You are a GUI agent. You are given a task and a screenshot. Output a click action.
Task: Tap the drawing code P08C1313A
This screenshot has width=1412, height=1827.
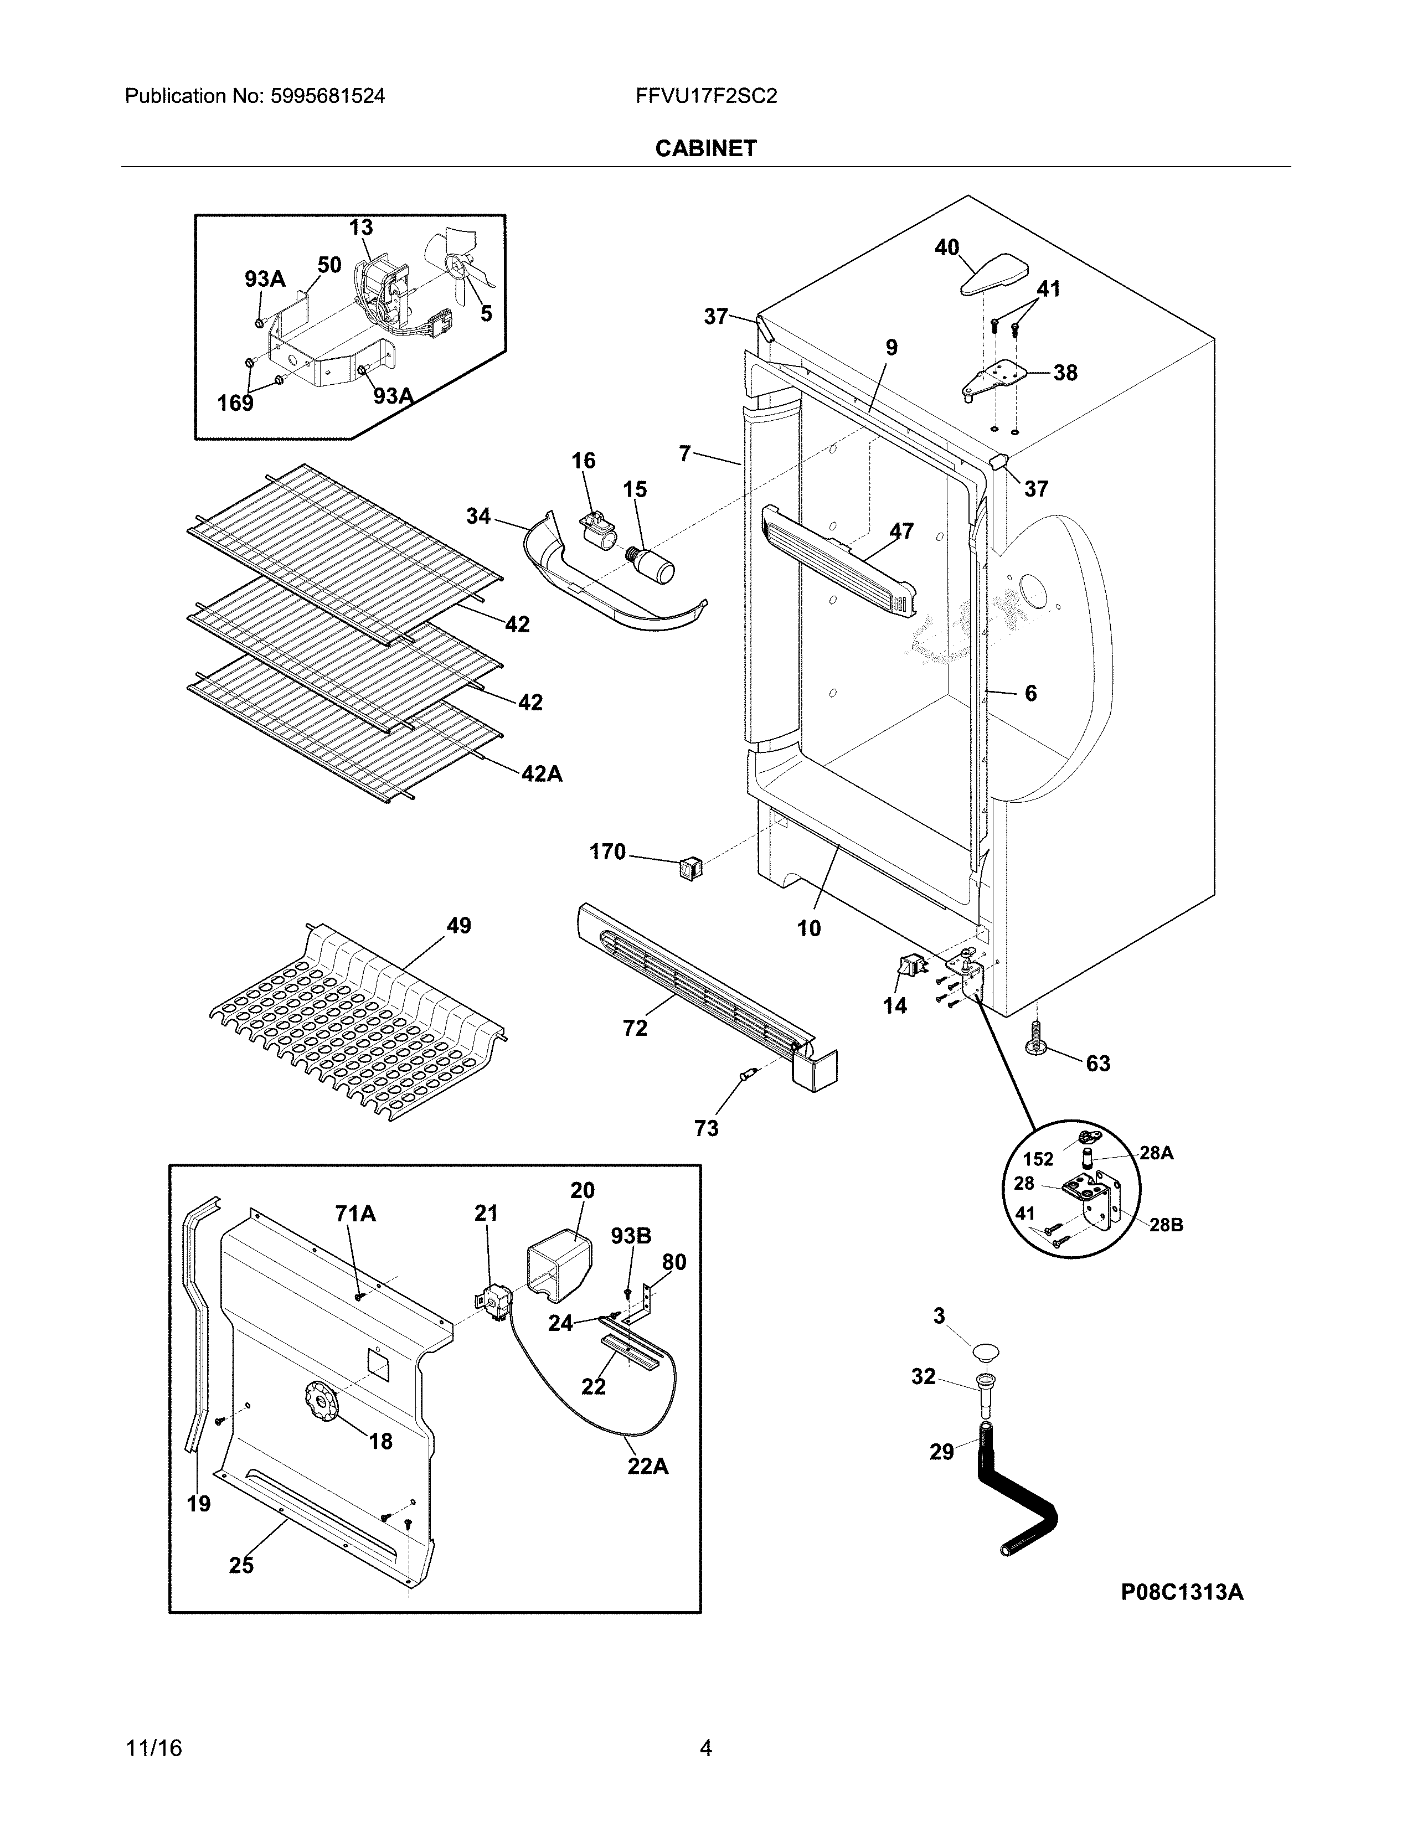[1181, 1592]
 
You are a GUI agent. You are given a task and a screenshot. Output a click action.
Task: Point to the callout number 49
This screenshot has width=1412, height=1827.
[458, 925]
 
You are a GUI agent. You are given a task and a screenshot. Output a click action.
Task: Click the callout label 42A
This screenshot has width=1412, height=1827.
[541, 774]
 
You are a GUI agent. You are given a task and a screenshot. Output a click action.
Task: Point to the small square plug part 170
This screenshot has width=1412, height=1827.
[690, 869]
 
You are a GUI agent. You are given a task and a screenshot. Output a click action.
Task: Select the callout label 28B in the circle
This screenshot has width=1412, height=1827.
[1165, 1225]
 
